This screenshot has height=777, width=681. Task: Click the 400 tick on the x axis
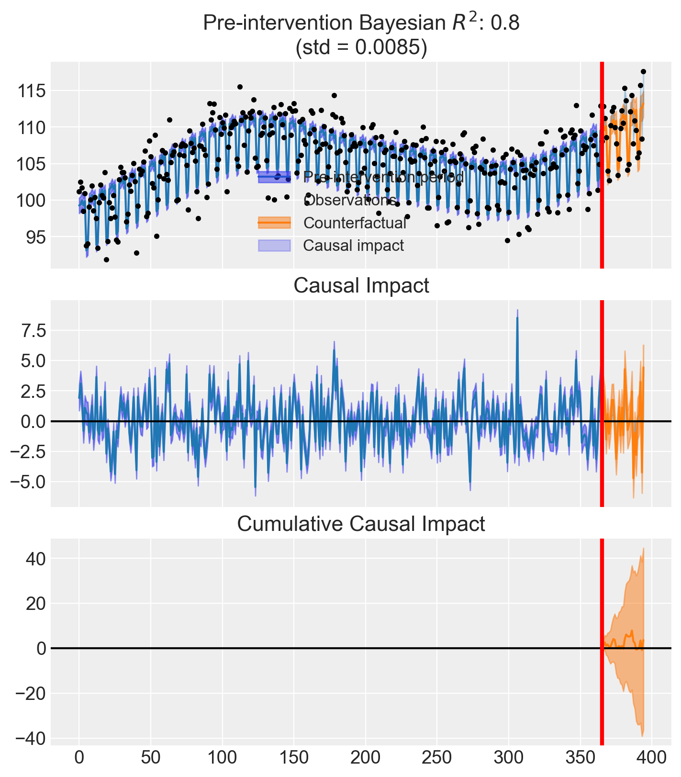tap(652, 759)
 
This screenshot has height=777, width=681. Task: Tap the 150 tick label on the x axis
tap(294, 759)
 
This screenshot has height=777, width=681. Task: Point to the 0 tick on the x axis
tap(79, 759)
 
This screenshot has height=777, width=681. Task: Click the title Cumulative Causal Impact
tap(361, 524)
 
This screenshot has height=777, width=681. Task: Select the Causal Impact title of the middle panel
tap(361, 286)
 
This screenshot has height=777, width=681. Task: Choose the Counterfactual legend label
tap(355, 223)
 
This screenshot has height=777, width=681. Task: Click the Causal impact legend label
tap(353, 246)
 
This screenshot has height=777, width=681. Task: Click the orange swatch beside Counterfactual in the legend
tap(274, 223)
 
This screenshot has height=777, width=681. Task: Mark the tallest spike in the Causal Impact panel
tap(517, 317)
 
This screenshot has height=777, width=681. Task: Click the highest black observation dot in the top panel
tap(643, 71)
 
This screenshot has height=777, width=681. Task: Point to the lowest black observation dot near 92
tap(106, 259)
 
